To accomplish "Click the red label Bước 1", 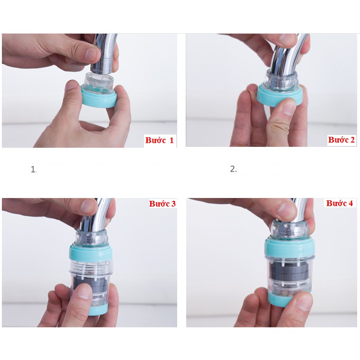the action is (x=159, y=140).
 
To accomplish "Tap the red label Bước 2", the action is (x=341, y=140).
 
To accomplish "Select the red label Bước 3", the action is (x=162, y=203).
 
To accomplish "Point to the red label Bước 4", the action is (x=339, y=203).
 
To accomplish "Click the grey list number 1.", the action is (x=34, y=170).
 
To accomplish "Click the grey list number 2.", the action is (x=233, y=169).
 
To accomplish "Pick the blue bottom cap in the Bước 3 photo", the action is (x=98, y=310).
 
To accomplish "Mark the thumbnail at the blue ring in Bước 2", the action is (x=288, y=106).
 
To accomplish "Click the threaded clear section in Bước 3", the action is (x=90, y=268).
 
